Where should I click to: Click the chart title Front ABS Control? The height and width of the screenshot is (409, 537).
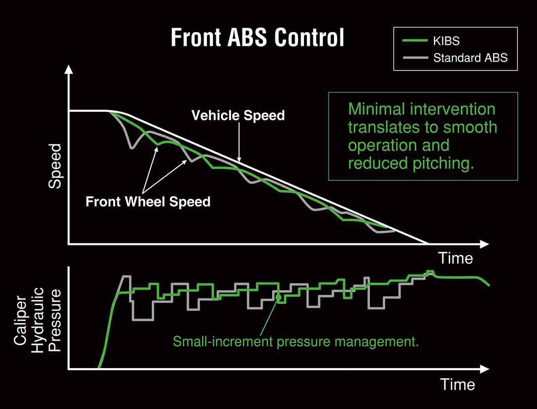pos(257,37)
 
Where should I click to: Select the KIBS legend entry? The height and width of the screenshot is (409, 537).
pos(431,41)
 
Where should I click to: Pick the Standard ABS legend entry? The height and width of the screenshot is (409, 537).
pos(455,58)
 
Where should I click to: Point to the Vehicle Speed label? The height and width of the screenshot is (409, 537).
pos(238,115)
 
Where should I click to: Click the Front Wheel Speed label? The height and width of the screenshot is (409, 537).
pos(148,202)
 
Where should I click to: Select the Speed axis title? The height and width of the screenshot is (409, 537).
pos(55,166)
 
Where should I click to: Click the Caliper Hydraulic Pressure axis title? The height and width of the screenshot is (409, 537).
pos(37,320)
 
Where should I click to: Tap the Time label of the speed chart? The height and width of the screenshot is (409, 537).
pos(456,258)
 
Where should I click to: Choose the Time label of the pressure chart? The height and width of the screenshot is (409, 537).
pos(458,384)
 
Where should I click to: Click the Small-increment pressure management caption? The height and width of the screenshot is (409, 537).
pos(296,341)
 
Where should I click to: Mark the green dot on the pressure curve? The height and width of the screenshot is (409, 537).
pos(278,297)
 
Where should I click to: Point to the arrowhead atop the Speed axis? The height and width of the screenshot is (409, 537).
pos(69,69)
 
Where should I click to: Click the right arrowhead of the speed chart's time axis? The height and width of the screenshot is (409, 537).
pos(484,244)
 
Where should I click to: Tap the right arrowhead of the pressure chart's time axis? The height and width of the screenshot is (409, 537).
pos(484,369)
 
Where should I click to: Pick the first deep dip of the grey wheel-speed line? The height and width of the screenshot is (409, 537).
pos(132,147)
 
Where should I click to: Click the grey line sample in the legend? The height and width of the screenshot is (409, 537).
pos(415,58)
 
